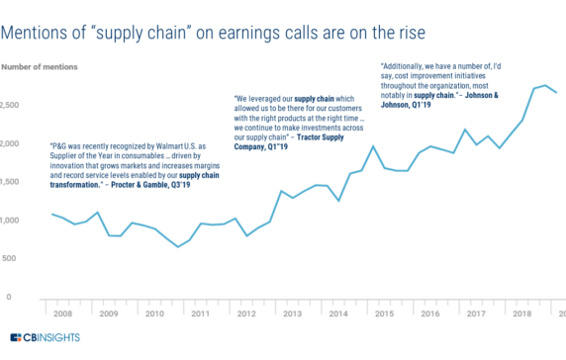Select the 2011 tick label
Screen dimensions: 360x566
pos(200,315)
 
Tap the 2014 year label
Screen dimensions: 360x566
pos(336,315)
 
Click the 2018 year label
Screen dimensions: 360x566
pos(519,315)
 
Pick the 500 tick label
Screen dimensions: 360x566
pos(10,258)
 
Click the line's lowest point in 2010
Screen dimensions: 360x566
pos(178,246)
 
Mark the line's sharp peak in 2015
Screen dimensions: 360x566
pos(372,146)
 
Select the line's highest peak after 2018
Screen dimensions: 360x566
pos(545,86)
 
